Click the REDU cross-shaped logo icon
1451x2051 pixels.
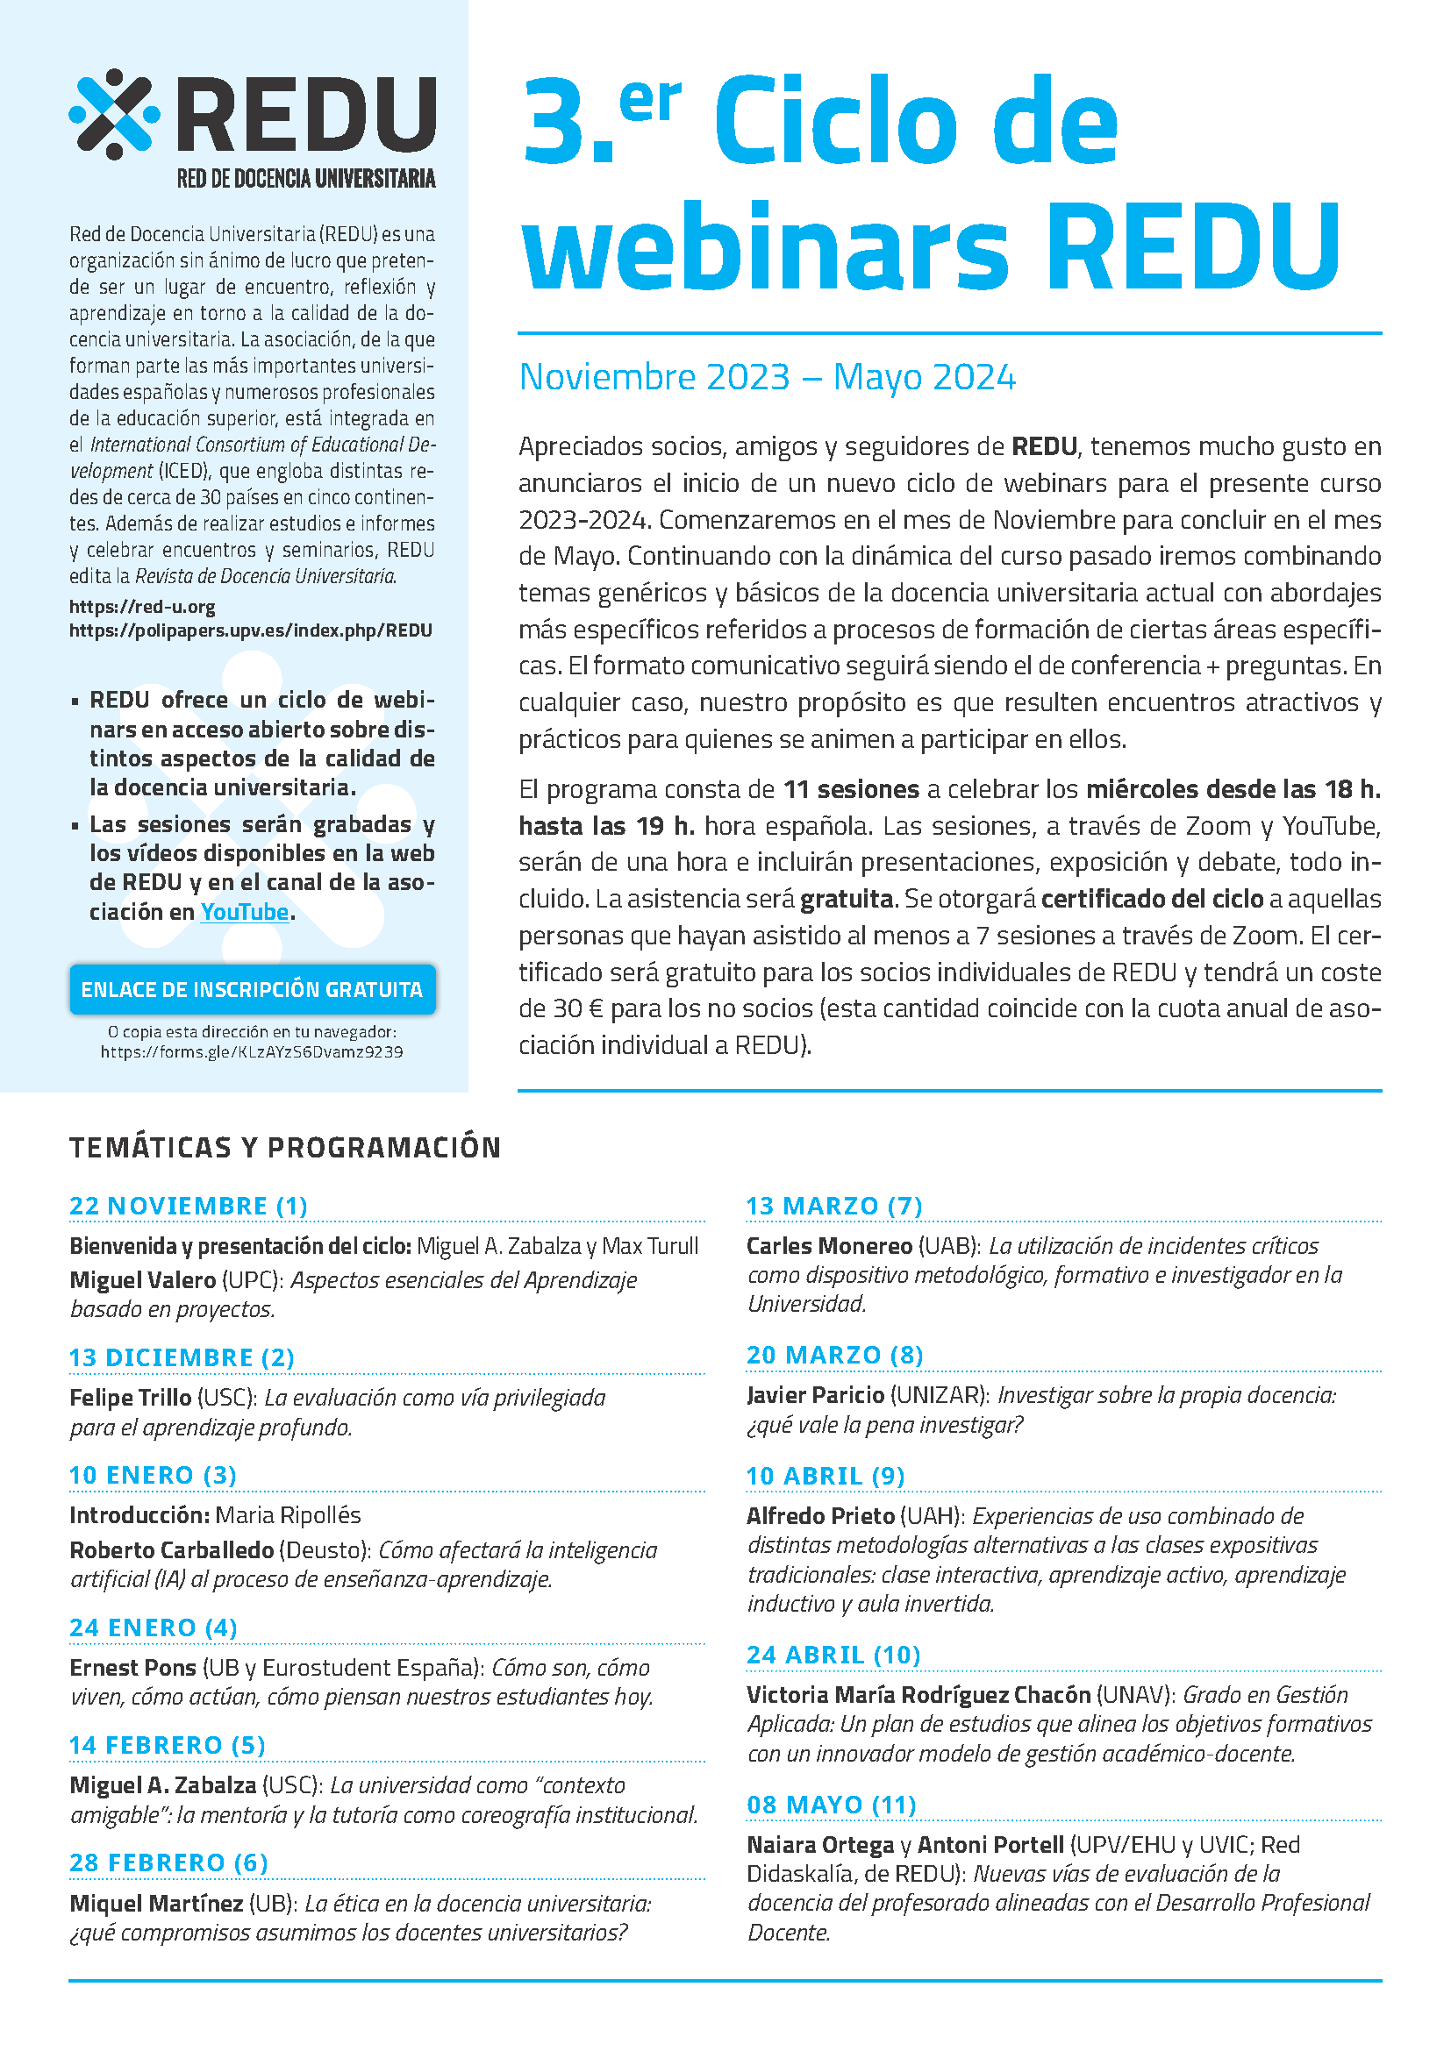[114, 113]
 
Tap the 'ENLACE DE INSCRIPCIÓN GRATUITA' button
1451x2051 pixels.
[252, 989]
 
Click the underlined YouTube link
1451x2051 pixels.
[244, 911]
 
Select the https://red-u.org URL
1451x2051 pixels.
[142, 607]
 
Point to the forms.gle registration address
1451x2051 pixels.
[251, 1052]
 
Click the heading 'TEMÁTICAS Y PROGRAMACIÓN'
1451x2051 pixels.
[285, 1147]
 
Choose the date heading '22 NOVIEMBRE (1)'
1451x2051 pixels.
[189, 1206]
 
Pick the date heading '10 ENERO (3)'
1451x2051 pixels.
[153, 1475]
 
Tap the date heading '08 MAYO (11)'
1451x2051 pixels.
[832, 1805]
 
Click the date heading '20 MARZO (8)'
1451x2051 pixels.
[834, 1355]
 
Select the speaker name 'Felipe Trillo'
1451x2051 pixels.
[131, 1398]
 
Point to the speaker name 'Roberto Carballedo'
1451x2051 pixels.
[172, 1549]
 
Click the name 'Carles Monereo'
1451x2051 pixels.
[829, 1246]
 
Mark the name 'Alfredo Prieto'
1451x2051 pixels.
[820, 1516]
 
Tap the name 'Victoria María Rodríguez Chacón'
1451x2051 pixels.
[918, 1695]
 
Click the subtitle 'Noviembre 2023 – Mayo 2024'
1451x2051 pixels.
[767, 377]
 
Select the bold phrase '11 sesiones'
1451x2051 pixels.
[851, 790]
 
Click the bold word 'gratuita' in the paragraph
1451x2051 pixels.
[847, 899]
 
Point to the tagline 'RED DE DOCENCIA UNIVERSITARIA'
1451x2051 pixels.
[305, 179]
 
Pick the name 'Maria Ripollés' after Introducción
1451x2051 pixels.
[288, 1515]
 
